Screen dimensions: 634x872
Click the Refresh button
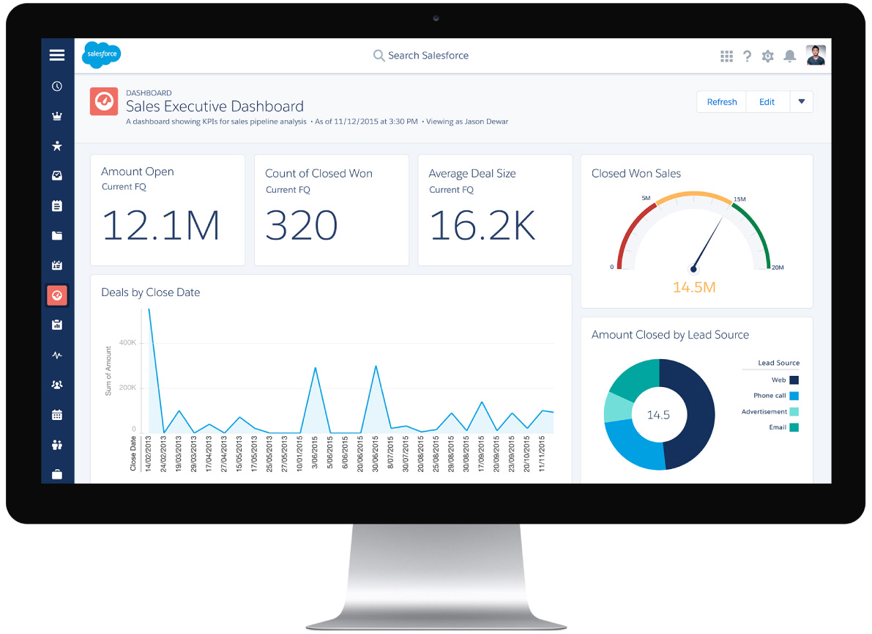[x=721, y=102]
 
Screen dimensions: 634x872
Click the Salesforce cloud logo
[x=101, y=55]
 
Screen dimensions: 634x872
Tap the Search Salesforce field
[x=428, y=56]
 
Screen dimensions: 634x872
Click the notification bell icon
[x=790, y=56]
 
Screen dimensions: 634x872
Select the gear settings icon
[x=767, y=56]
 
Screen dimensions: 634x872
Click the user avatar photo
[x=816, y=55]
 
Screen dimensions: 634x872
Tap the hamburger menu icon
[x=57, y=55]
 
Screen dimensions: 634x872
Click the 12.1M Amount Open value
[x=160, y=225]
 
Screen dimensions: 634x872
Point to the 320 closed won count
[x=301, y=225]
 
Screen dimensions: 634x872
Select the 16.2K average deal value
[x=482, y=225]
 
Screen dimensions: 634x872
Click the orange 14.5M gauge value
[x=693, y=287]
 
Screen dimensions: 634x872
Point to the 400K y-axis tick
[x=127, y=342]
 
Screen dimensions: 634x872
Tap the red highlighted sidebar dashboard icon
[x=57, y=295]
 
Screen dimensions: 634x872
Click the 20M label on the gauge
[x=778, y=268]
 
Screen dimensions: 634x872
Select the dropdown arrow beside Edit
[x=802, y=102]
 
